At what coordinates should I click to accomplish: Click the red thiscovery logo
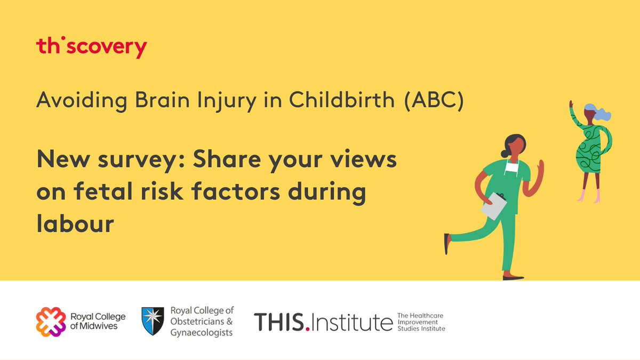click(x=91, y=47)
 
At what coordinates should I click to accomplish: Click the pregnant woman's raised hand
click(x=571, y=105)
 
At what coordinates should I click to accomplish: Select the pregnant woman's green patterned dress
click(x=592, y=146)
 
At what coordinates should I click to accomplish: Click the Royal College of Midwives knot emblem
click(x=51, y=322)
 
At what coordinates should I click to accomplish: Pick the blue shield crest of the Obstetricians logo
click(x=151, y=321)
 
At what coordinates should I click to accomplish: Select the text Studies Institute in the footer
click(x=421, y=329)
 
